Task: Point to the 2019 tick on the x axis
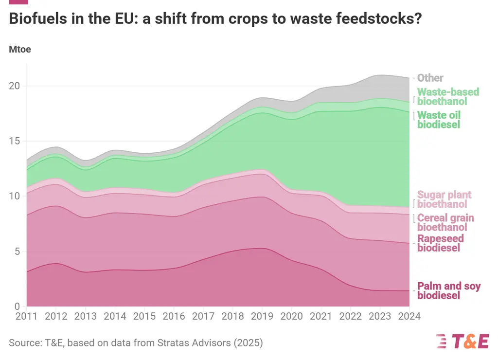(x=262, y=316)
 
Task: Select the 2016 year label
(x=174, y=316)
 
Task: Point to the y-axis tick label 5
(x=17, y=252)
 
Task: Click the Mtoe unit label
(x=20, y=50)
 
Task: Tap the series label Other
(x=430, y=78)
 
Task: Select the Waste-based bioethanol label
(x=448, y=97)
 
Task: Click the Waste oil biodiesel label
(x=439, y=120)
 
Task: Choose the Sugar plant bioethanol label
(x=444, y=199)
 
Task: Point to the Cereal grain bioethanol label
(x=445, y=222)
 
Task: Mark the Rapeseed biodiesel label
(x=440, y=243)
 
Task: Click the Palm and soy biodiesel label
(x=449, y=290)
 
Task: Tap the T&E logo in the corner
(x=462, y=342)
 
